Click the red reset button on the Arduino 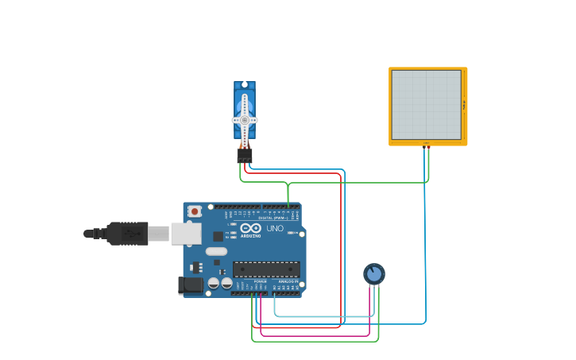(x=194, y=211)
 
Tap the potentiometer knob (x=374, y=273)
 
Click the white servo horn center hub (x=245, y=120)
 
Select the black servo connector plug (x=245, y=155)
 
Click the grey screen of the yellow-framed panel (x=426, y=105)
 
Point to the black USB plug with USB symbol (x=127, y=234)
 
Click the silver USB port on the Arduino (x=186, y=233)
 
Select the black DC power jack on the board (x=191, y=284)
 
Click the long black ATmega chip (x=265, y=269)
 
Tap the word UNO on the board (x=275, y=229)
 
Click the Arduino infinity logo (x=251, y=228)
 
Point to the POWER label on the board (x=261, y=281)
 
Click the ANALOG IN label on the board (x=288, y=281)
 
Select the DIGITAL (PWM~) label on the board (x=274, y=217)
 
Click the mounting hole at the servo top (x=245, y=84)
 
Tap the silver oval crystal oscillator (x=216, y=252)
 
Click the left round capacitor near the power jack (x=214, y=283)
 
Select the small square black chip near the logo (x=218, y=236)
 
